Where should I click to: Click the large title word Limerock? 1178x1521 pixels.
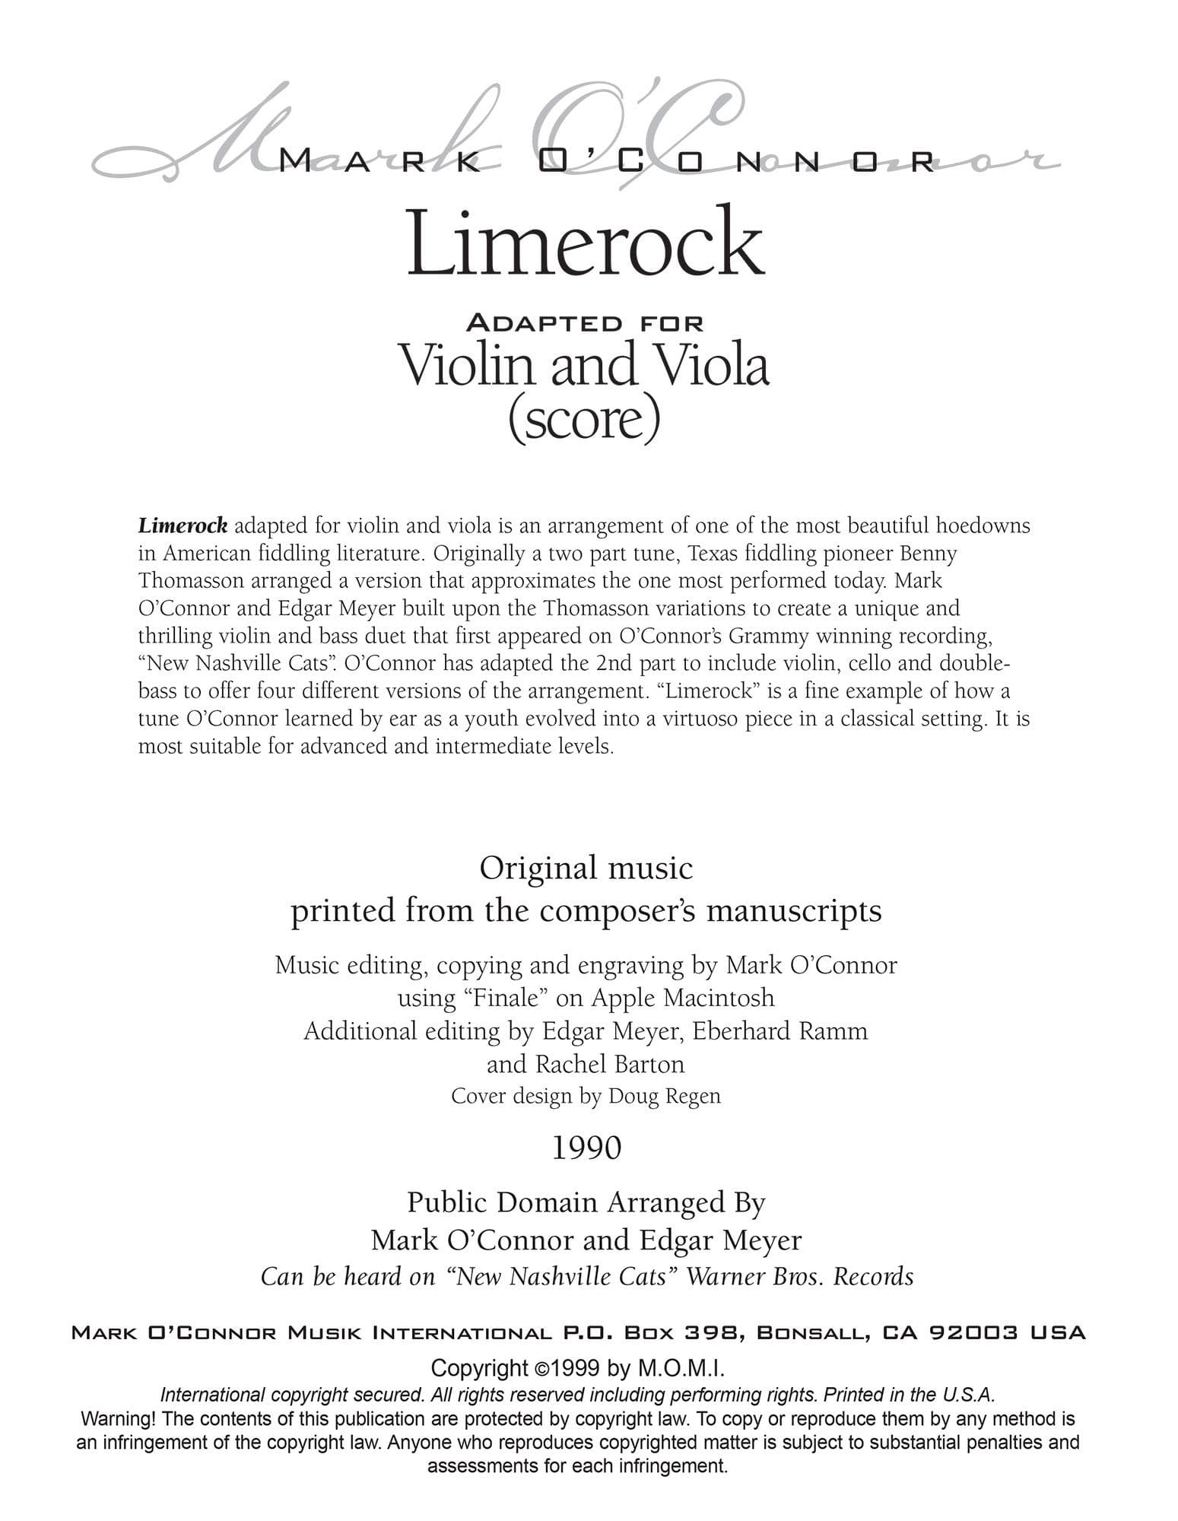click(x=585, y=242)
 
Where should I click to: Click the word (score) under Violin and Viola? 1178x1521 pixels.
click(x=584, y=419)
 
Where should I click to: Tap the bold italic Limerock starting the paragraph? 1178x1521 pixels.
click(x=183, y=526)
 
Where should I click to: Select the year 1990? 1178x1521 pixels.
click(x=586, y=1148)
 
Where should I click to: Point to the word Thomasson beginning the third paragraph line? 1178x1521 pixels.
click(x=191, y=581)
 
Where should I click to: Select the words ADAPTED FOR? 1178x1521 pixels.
click(x=585, y=322)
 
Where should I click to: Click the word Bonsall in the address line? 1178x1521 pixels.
click(x=816, y=1333)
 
